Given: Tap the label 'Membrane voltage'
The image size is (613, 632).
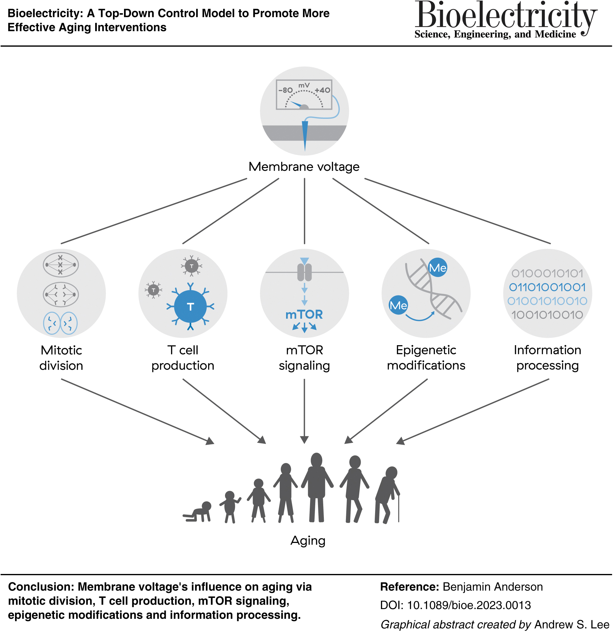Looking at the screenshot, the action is point(304,167).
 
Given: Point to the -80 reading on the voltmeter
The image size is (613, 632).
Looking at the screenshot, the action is point(285,90).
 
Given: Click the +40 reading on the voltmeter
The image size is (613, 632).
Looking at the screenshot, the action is point(322,90).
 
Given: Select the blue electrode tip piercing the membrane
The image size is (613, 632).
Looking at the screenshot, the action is point(305,135).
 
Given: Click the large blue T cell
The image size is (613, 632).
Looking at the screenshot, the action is point(191,307).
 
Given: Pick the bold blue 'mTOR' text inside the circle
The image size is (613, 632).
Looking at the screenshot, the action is point(304,315).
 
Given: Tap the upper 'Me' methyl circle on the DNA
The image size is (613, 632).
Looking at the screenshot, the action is point(438,268).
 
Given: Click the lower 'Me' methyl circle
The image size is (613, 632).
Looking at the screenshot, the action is point(398,305).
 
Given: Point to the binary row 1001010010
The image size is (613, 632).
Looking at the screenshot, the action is point(547,315).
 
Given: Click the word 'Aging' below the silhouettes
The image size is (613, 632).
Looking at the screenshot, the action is point(308,541).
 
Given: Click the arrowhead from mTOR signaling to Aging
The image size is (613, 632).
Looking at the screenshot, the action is point(305,440).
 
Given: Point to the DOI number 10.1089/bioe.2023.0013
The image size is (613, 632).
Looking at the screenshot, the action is point(469,605).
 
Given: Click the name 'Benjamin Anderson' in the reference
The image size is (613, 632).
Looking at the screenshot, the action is point(493,587).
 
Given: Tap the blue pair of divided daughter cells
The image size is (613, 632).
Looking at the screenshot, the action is point(60,323).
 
